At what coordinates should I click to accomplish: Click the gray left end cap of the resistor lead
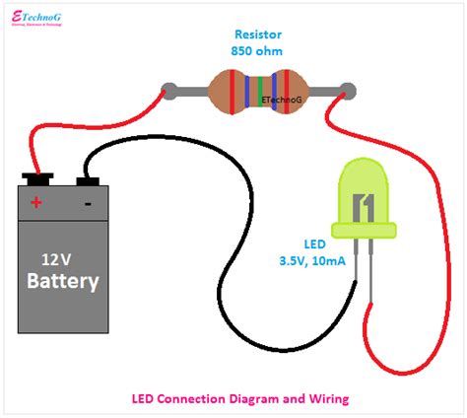169,91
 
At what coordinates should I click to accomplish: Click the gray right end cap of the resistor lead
344,91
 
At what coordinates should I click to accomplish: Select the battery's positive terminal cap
38,180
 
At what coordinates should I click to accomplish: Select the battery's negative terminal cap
87,180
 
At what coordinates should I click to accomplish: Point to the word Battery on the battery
62,282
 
